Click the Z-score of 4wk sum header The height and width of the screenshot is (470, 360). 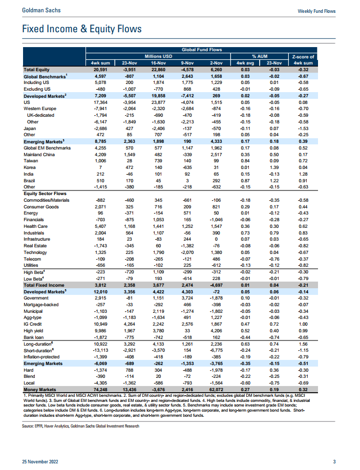tap(303, 59)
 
